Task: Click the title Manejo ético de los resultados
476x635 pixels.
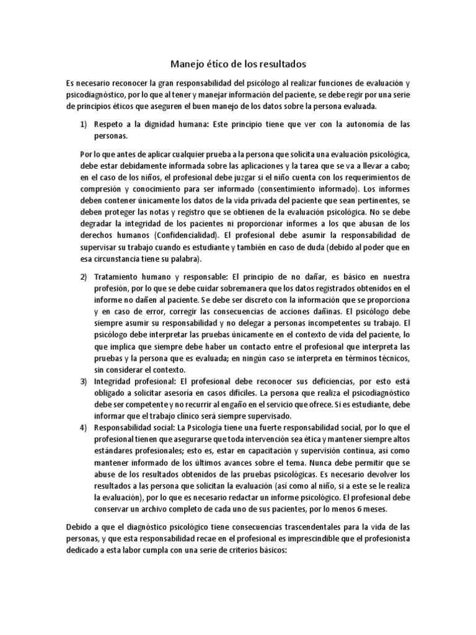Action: pyautogui.click(x=238, y=64)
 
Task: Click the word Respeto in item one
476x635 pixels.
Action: pyautogui.click(x=110, y=124)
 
